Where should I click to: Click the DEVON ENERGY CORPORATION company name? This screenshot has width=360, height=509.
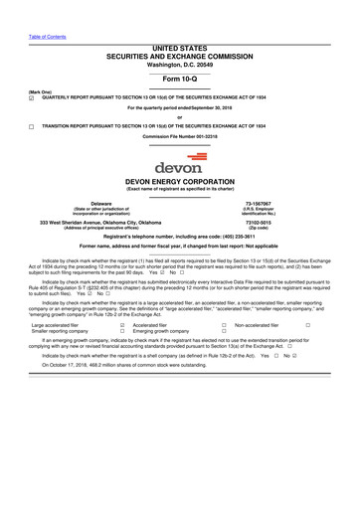(180, 182)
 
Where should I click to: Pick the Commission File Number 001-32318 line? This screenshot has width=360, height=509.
(180, 136)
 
